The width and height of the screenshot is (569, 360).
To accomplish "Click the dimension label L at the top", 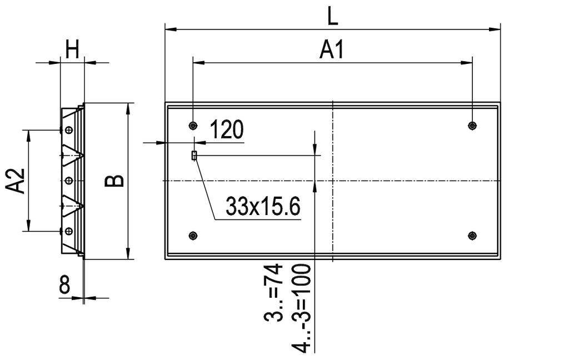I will (x=332, y=16).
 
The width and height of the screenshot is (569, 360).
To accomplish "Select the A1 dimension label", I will (x=332, y=50).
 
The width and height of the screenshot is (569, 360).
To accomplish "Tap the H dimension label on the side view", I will (x=72, y=51).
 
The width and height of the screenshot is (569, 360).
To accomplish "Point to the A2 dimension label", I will (x=17, y=181).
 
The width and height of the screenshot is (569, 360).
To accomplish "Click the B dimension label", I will (x=115, y=181).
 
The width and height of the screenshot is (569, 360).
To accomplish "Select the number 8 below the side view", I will (x=64, y=286).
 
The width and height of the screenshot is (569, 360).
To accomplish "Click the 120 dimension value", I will (x=226, y=130).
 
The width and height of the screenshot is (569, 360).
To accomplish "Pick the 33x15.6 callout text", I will (x=263, y=207).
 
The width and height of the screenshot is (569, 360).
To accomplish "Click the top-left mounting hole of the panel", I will (x=193, y=125).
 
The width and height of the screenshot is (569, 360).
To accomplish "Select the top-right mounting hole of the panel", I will (x=472, y=125).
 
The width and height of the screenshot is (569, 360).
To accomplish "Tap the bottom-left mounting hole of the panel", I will (x=193, y=236).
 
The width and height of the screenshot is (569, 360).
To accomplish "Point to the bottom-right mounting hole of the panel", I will (x=472, y=236).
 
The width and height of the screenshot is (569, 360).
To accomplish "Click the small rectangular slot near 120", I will (x=193, y=156).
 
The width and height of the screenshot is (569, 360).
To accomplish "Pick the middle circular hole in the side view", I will (x=68, y=180).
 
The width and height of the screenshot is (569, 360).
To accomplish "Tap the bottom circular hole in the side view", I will (x=68, y=231).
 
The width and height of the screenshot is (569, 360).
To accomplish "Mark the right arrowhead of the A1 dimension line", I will (x=468, y=63).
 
